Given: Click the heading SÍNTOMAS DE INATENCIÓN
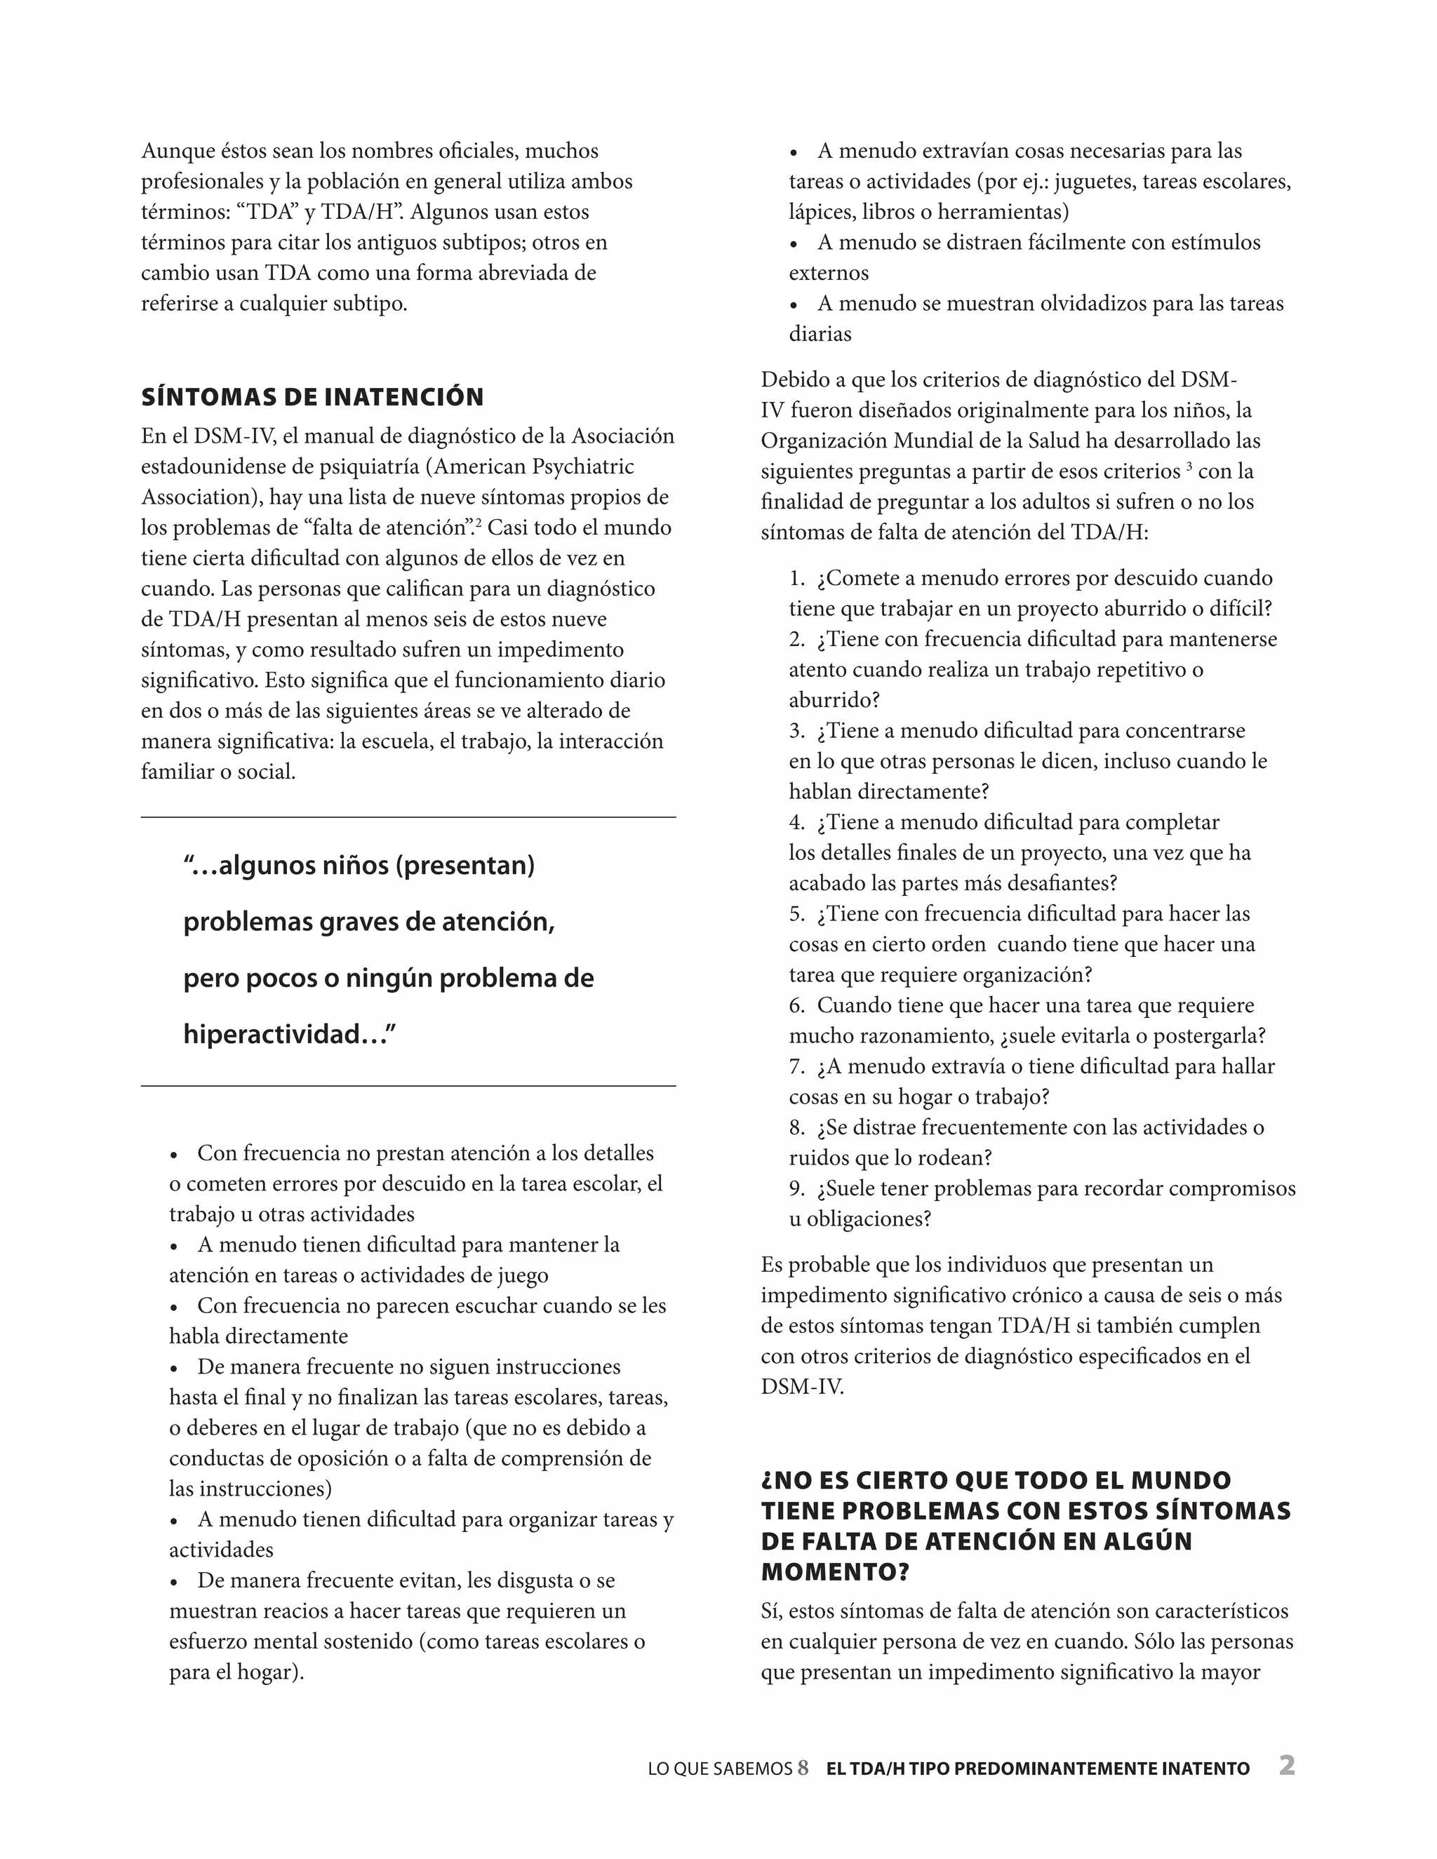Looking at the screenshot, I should coord(312,396).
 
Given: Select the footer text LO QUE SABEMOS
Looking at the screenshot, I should coord(719,1769).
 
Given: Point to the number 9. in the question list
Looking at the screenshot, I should coord(797,1188).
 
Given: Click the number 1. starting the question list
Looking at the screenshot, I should coord(797,578).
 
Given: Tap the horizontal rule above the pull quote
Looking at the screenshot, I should coord(408,817).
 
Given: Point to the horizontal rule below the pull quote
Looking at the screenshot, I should coord(408,1086).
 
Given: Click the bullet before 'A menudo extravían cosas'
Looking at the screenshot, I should coord(794,152).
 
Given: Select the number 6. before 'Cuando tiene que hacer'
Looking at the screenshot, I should coord(797,1005).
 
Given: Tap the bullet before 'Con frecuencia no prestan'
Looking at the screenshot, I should coord(175,1155).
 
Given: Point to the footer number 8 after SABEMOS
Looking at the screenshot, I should coord(803,1768).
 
